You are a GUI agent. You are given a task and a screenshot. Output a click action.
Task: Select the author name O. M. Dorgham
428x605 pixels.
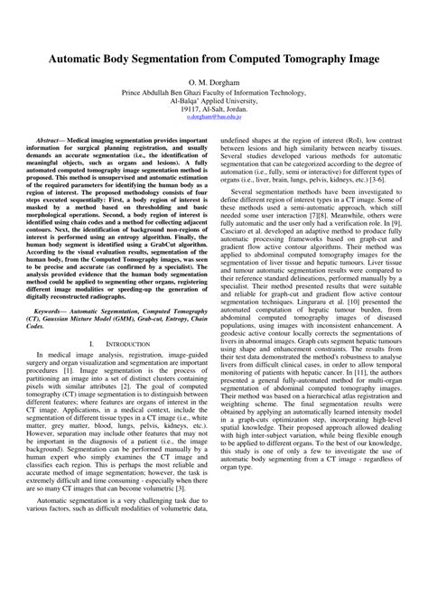point(214,81)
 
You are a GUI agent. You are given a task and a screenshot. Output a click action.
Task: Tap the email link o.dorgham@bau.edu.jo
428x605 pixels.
point(214,116)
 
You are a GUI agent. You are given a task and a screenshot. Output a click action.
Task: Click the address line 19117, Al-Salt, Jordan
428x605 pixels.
point(214,108)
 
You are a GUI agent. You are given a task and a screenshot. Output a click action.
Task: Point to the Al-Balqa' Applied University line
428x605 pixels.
point(214,99)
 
